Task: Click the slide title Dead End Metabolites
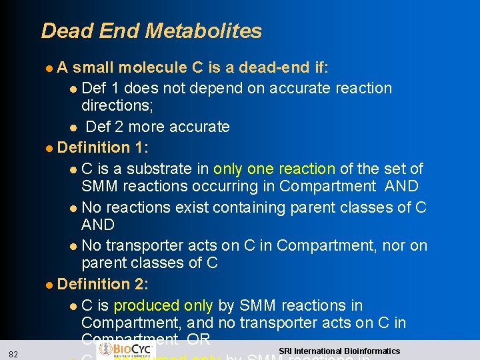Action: (151, 31)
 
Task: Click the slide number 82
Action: (14, 353)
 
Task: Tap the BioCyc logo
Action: (127, 349)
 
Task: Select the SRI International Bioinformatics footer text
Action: (339, 351)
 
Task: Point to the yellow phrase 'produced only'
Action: (163, 305)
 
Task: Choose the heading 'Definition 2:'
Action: (103, 284)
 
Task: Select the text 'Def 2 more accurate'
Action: (158, 127)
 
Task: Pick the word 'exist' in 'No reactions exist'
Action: (193, 207)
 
